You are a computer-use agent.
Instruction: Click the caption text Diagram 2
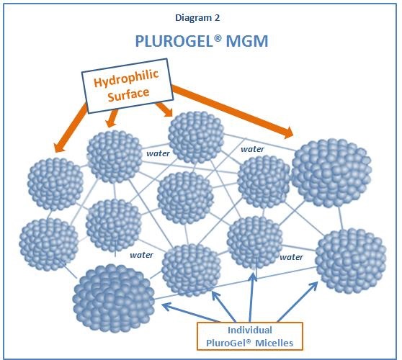click(x=197, y=18)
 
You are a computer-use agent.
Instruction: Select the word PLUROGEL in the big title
click(x=174, y=41)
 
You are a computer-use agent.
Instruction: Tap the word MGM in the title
click(x=247, y=41)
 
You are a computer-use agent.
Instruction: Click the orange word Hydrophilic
click(x=126, y=78)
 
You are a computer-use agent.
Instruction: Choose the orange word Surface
click(x=128, y=94)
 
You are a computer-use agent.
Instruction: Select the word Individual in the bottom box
click(x=250, y=330)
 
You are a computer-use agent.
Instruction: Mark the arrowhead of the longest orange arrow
click(x=288, y=132)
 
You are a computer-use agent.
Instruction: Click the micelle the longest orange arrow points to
click(x=331, y=173)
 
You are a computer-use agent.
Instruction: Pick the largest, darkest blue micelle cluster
click(x=113, y=299)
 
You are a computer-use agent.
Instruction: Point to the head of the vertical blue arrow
click(x=254, y=277)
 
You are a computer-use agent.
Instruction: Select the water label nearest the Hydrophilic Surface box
click(x=158, y=153)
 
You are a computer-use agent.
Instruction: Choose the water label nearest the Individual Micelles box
click(x=291, y=257)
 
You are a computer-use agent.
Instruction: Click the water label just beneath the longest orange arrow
click(x=252, y=149)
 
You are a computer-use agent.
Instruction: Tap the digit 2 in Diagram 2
click(x=217, y=17)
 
